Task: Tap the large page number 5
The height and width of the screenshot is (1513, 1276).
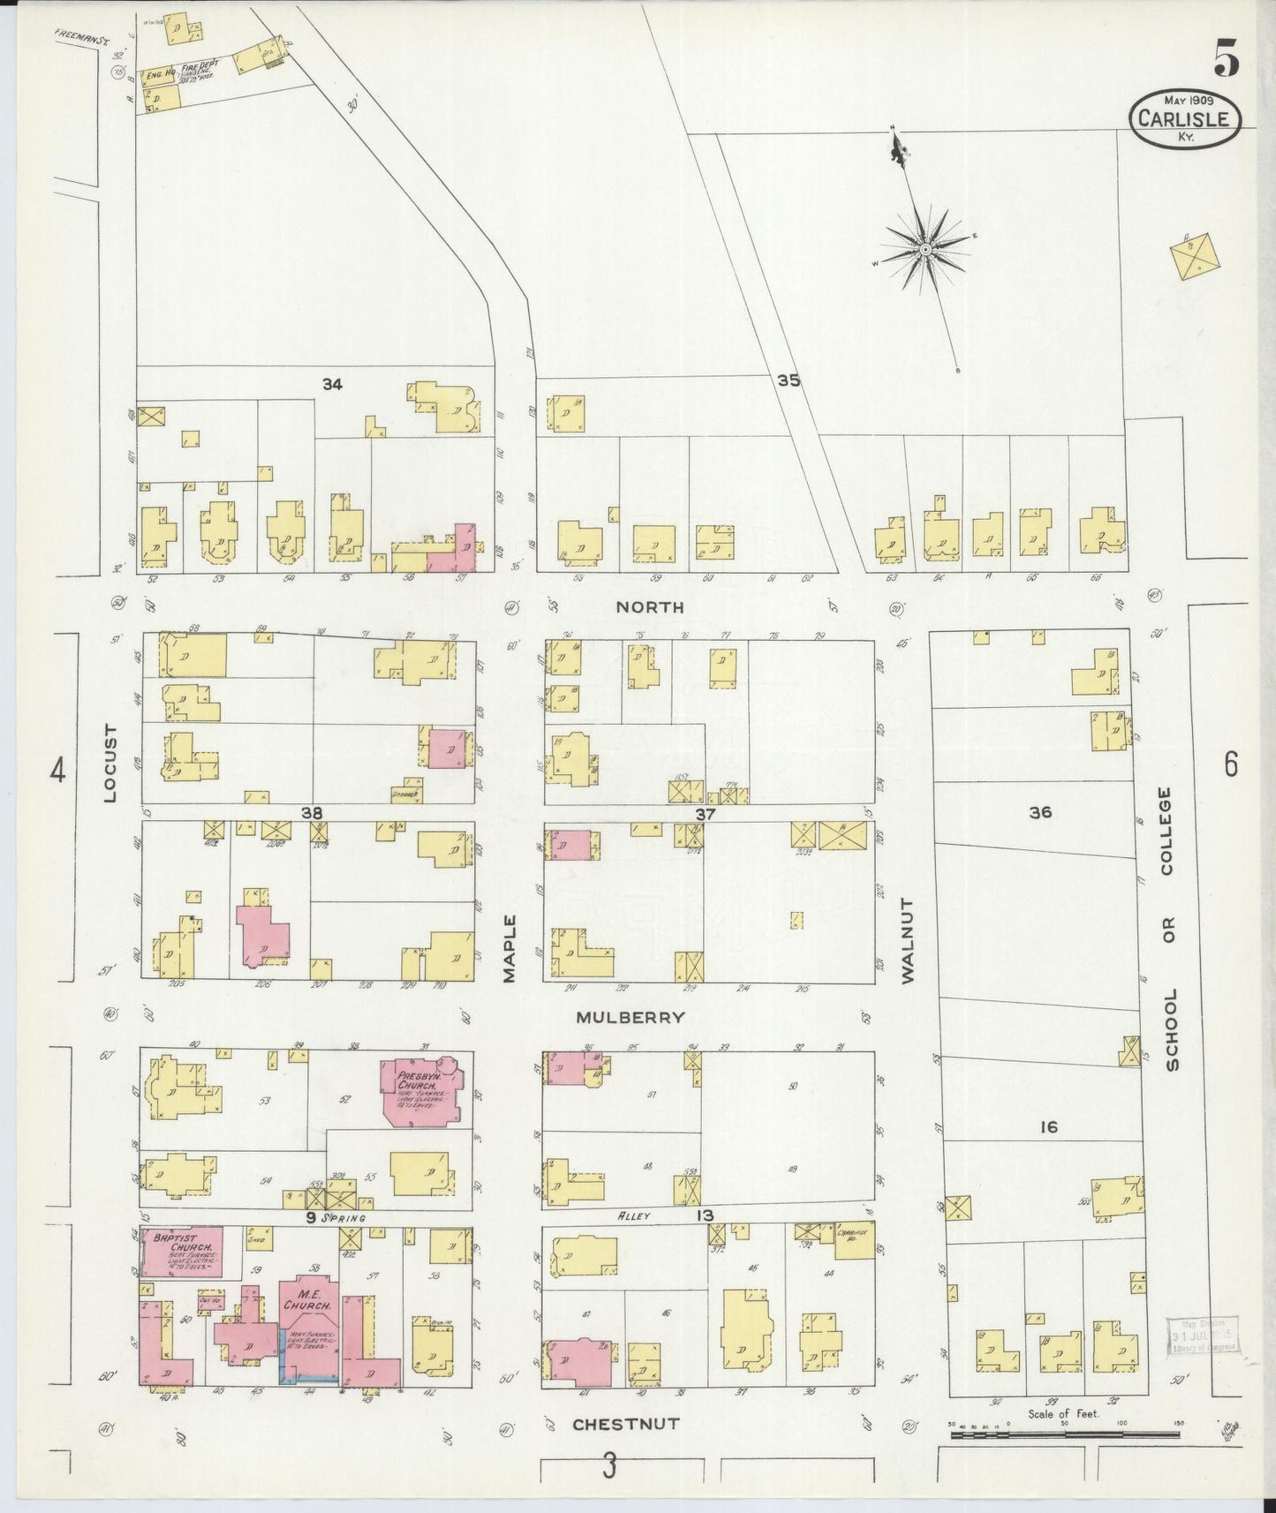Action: click(1226, 59)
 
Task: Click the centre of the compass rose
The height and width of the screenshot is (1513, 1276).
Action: click(925, 251)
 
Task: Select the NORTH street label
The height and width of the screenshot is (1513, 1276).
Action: click(650, 606)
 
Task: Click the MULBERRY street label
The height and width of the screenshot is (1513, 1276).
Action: click(630, 1017)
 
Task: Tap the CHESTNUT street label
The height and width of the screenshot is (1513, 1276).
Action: click(625, 1424)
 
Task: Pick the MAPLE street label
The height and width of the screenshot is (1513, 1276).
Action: click(510, 948)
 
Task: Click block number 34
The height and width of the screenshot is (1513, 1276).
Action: click(332, 384)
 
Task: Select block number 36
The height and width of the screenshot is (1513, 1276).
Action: click(1040, 812)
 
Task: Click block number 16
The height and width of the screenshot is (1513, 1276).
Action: click(1048, 1126)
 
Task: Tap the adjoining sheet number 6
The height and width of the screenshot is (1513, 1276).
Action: click(1231, 764)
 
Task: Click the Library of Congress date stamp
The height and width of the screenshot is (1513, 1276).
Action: click(1203, 1336)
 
